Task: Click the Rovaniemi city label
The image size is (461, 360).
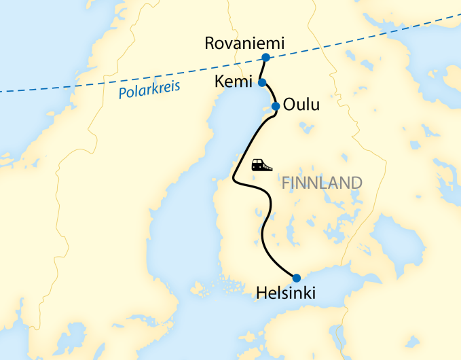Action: tap(244, 43)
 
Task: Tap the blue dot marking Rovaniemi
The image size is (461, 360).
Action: tap(265, 57)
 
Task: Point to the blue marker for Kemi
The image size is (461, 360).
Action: tap(262, 82)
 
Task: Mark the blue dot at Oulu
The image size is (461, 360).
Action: tap(276, 106)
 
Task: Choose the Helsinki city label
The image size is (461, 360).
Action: tap(287, 293)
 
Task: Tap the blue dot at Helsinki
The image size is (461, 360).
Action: tap(296, 277)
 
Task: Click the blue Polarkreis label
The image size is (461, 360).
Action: tap(144, 90)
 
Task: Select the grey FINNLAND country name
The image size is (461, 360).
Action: tap(321, 183)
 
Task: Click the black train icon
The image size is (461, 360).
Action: tap(261, 164)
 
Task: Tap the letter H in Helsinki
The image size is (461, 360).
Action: tap(261, 293)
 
